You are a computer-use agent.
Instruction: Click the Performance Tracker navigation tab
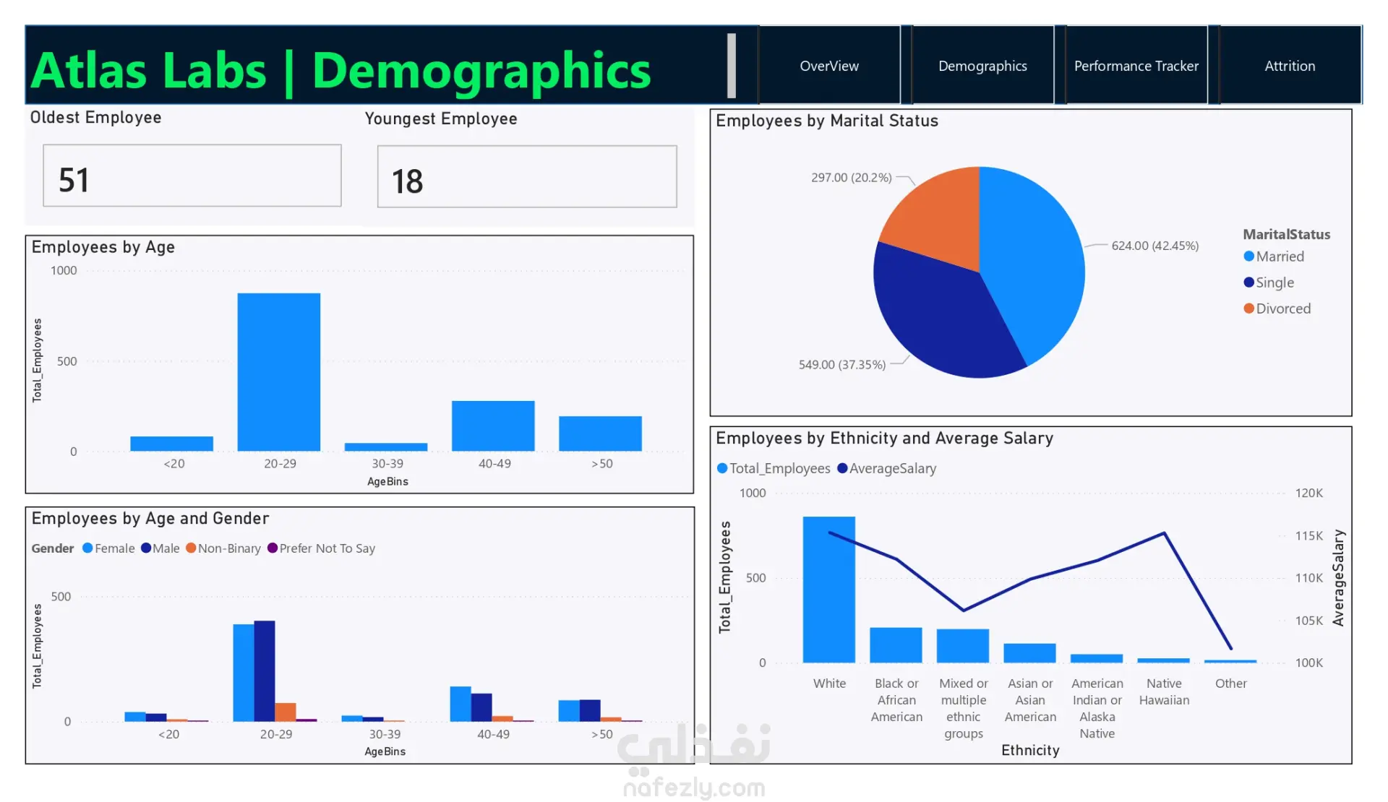(1136, 66)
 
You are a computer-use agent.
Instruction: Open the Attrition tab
(1290, 66)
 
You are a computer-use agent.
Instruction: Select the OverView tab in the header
(829, 66)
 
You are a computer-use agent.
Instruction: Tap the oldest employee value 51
(74, 180)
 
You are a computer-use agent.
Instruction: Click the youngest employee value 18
(407, 181)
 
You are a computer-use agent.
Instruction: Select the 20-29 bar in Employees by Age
(279, 372)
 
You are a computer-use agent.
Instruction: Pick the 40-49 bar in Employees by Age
(493, 426)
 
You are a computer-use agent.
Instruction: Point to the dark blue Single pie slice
(940, 311)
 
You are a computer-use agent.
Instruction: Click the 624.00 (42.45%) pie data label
(1154, 246)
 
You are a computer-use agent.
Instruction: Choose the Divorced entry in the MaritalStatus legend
(1277, 309)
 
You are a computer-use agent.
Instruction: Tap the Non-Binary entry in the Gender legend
(223, 548)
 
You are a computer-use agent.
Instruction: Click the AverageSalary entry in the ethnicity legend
(886, 468)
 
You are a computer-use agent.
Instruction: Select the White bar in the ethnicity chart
(829, 590)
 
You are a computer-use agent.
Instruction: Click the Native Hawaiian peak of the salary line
(1164, 533)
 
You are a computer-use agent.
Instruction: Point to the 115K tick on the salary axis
(1308, 535)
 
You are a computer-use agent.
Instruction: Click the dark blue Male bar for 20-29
(265, 671)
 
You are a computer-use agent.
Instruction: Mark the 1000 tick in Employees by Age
(64, 270)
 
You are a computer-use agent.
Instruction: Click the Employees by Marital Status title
(827, 121)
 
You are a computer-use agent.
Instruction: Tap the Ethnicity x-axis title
(1030, 750)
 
